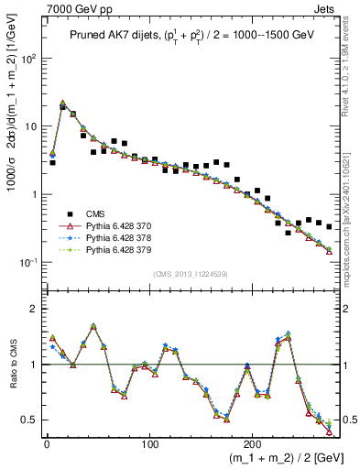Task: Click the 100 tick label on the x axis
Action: click(x=148, y=442)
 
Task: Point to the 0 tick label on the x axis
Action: click(x=46, y=442)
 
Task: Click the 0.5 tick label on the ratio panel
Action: click(x=30, y=420)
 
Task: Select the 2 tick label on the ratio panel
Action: click(x=35, y=309)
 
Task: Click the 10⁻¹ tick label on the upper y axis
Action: click(x=29, y=263)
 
